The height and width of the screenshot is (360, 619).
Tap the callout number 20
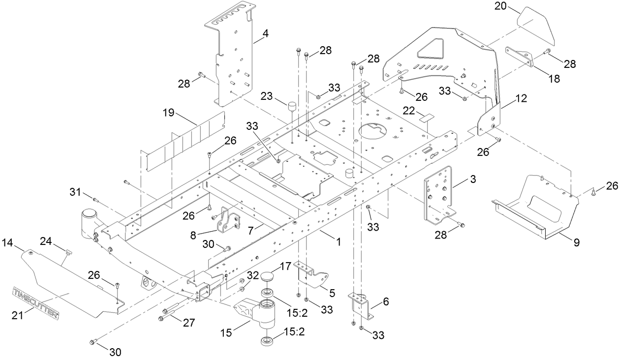500,6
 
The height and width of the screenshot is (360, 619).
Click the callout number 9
576,242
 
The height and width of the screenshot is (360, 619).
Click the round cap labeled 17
268,276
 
